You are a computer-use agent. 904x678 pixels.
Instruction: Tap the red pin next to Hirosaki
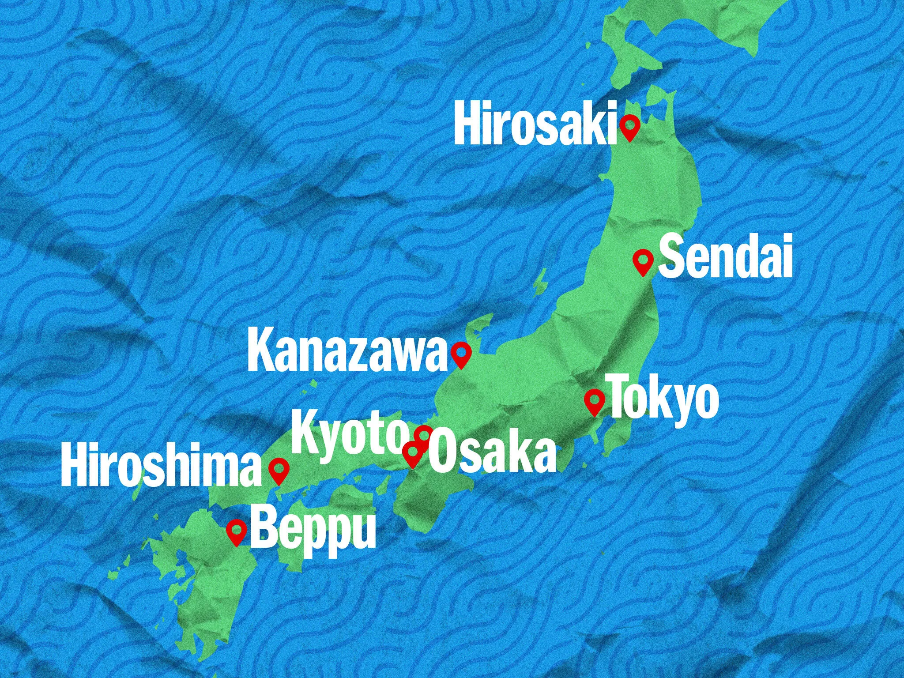tap(629, 127)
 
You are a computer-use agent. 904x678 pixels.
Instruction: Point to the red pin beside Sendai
tap(643, 261)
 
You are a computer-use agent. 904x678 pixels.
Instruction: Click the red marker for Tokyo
tap(595, 401)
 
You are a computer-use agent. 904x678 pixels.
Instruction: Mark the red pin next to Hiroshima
tap(279, 469)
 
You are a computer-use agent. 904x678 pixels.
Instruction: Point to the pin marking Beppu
tap(237, 531)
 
